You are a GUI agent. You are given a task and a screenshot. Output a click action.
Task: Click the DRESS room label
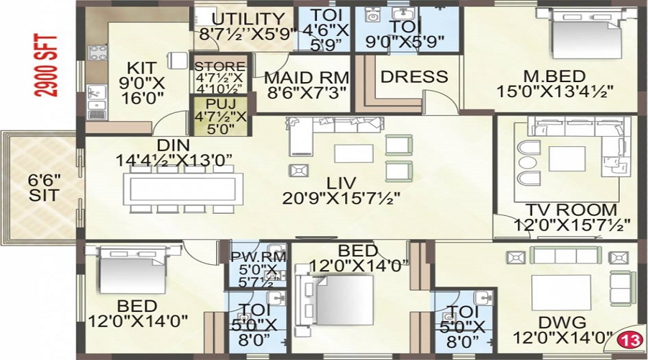tap(413, 77)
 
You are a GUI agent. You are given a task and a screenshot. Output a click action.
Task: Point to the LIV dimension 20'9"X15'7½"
tap(341, 197)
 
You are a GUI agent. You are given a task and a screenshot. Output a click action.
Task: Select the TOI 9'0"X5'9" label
tap(407, 33)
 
